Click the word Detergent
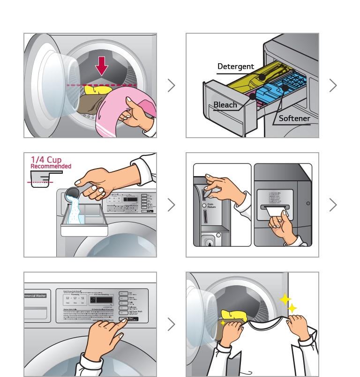pyautogui.click(x=235, y=67)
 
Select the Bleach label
pyautogui.click(x=225, y=104)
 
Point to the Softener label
pyautogui.click(x=294, y=118)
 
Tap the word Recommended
pyautogui.click(x=51, y=166)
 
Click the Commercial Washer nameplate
pyautogui.click(x=36, y=296)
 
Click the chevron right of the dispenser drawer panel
pyautogui.click(x=333, y=85)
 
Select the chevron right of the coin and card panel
pyautogui.click(x=333, y=205)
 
